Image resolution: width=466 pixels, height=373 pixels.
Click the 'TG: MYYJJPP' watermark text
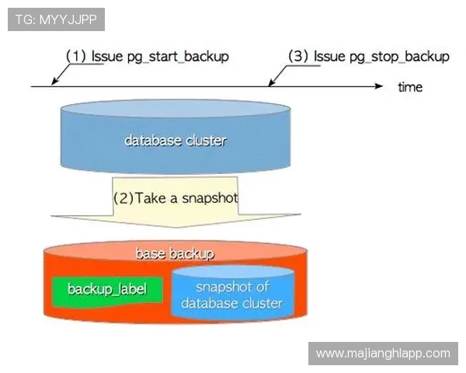click(55, 19)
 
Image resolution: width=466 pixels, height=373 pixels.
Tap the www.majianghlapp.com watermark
click(383, 353)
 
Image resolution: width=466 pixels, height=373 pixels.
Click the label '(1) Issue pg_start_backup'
click(148, 57)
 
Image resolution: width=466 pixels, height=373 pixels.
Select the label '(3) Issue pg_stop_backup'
click(369, 57)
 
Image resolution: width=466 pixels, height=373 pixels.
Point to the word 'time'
click(409, 87)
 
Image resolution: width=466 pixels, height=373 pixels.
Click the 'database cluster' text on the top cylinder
click(175, 141)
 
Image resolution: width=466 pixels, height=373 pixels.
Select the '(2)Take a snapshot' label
click(176, 197)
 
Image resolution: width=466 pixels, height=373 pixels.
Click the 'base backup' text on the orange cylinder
click(175, 253)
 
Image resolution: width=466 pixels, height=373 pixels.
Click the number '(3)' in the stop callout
click(298, 57)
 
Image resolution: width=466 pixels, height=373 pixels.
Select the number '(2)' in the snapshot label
click(123, 197)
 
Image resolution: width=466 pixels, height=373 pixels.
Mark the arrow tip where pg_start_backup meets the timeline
click(52, 85)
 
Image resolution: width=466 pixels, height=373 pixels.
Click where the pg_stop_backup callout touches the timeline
click(270, 85)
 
